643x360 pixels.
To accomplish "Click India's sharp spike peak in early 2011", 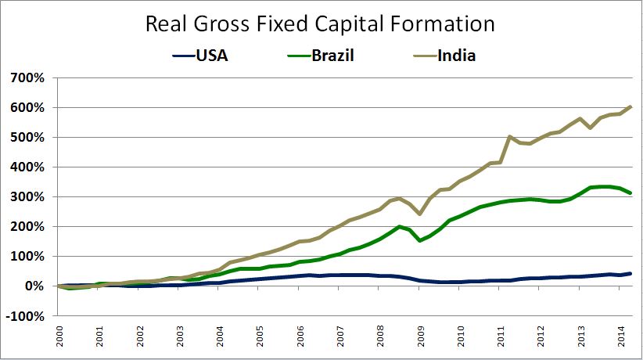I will click(509, 137).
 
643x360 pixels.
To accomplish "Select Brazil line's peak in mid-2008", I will click(400, 227).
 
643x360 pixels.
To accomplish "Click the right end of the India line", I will click(631, 106).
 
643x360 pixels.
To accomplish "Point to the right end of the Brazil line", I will click(631, 193).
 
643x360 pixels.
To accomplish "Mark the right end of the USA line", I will click(631, 273).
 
